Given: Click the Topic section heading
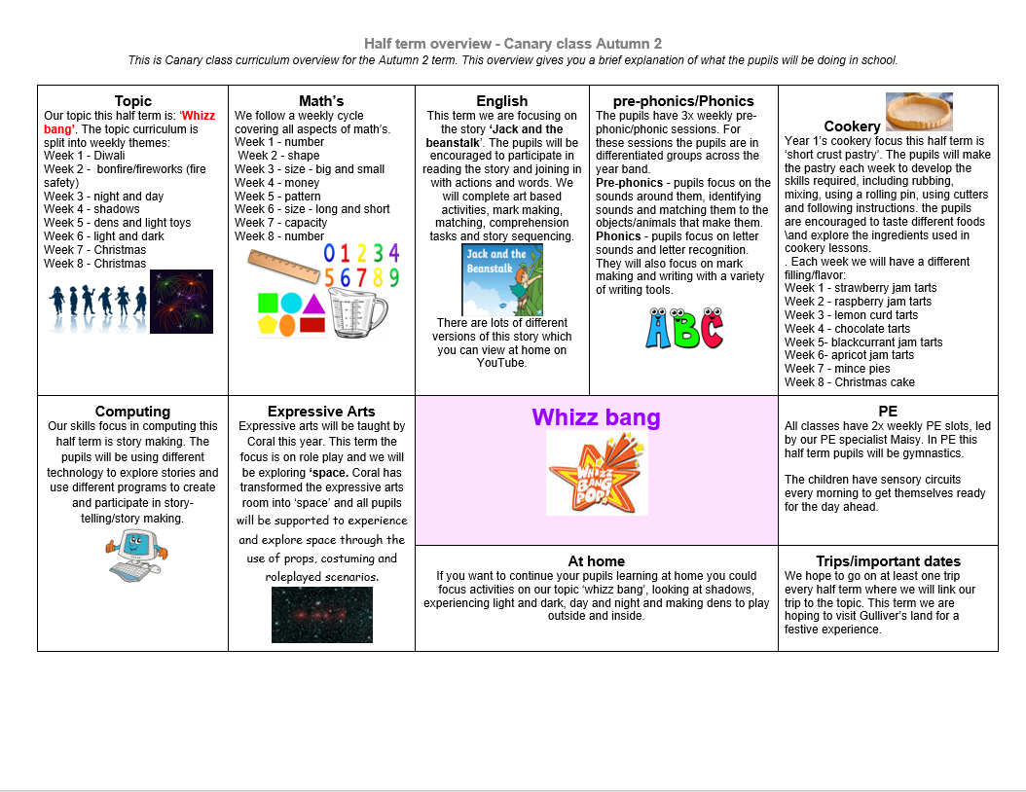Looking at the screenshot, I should click(x=132, y=101).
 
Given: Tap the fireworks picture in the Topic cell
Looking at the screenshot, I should click(x=181, y=302).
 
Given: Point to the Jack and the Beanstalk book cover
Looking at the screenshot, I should click(x=501, y=280).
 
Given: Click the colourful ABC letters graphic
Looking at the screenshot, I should click(x=683, y=329).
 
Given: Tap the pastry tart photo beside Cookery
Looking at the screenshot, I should click(x=919, y=112).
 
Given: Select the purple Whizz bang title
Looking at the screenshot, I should click(x=596, y=418).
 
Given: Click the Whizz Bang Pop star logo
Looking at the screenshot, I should click(x=597, y=473).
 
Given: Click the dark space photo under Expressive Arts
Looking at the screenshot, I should click(x=321, y=615).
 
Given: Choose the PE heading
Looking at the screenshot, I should click(x=887, y=412).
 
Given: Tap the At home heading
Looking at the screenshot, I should click(x=596, y=561).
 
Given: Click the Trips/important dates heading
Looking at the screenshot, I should click(x=888, y=561).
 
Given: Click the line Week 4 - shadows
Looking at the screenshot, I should click(x=92, y=209).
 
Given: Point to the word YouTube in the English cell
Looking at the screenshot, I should click(x=501, y=363).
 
